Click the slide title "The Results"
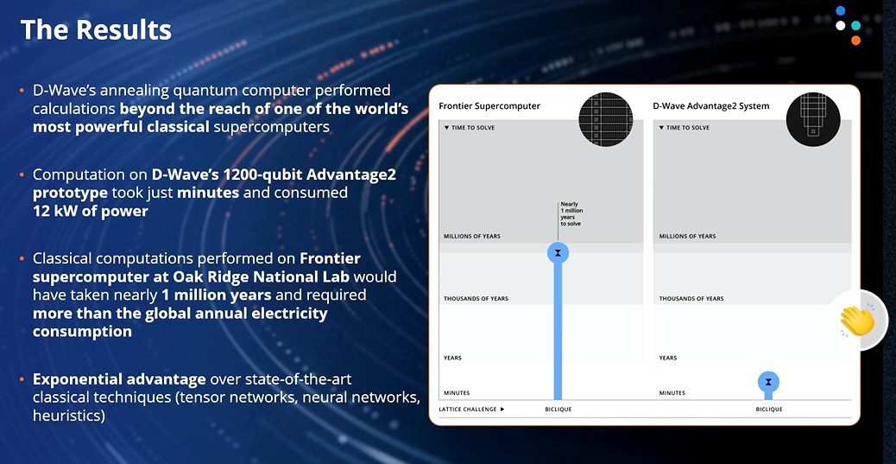(x=96, y=29)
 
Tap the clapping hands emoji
(x=857, y=321)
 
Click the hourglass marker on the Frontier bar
(x=558, y=253)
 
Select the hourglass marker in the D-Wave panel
(x=768, y=382)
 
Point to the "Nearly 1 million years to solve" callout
(x=571, y=213)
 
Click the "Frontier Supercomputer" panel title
(x=489, y=105)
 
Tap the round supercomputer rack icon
(x=606, y=119)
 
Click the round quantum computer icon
(x=813, y=119)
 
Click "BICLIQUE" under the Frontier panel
(x=558, y=409)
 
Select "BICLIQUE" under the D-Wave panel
(x=769, y=409)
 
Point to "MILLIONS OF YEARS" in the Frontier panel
(x=472, y=236)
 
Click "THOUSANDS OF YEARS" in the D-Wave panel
(x=691, y=299)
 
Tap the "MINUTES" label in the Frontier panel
(x=457, y=393)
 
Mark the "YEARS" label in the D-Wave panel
(x=668, y=359)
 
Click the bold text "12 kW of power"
(x=91, y=212)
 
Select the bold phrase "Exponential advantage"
(x=119, y=379)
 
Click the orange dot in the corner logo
(x=855, y=40)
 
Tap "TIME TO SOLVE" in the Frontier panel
(x=469, y=128)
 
